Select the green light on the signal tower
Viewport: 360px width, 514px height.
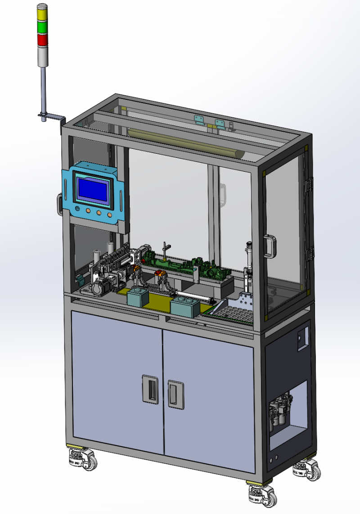pos(41,28)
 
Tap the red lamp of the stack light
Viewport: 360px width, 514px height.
pos(41,40)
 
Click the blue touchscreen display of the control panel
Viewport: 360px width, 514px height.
pos(93,190)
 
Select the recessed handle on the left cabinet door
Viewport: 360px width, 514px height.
pos(150,388)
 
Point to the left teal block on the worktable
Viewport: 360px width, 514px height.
pos(139,297)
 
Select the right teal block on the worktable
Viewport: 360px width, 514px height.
pos(185,308)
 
